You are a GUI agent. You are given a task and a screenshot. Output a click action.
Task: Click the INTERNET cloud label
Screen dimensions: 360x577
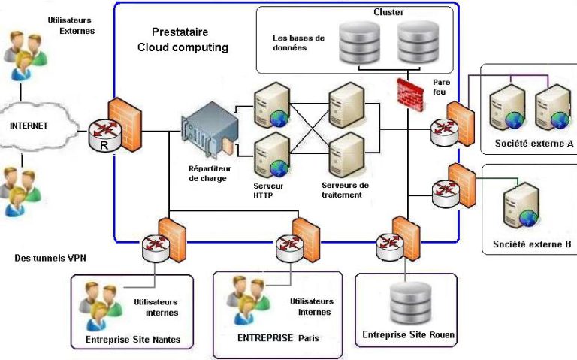click(29, 126)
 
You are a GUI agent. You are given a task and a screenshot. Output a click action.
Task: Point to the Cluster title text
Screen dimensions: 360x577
click(388, 13)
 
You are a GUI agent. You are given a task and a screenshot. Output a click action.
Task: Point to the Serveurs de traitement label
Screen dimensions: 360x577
click(346, 189)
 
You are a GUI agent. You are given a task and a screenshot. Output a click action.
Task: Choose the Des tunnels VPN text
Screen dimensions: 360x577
click(50, 258)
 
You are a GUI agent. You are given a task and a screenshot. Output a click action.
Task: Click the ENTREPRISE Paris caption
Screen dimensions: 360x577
click(278, 338)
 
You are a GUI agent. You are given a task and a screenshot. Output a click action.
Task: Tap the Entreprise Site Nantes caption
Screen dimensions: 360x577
click(133, 339)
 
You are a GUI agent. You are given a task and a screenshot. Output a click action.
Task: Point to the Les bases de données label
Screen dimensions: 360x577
click(298, 43)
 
